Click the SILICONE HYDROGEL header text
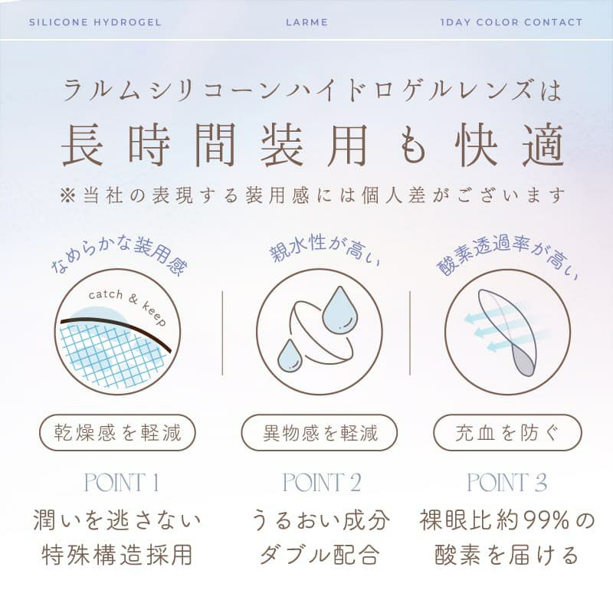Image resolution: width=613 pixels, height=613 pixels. (95, 22)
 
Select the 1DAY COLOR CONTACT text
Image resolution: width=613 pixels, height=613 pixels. (512, 22)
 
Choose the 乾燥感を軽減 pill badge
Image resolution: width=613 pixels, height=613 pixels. (117, 434)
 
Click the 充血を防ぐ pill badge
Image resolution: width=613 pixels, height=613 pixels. (506, 434)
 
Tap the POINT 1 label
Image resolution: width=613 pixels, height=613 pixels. (121, 483)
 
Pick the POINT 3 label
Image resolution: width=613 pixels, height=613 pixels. (507, 483)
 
